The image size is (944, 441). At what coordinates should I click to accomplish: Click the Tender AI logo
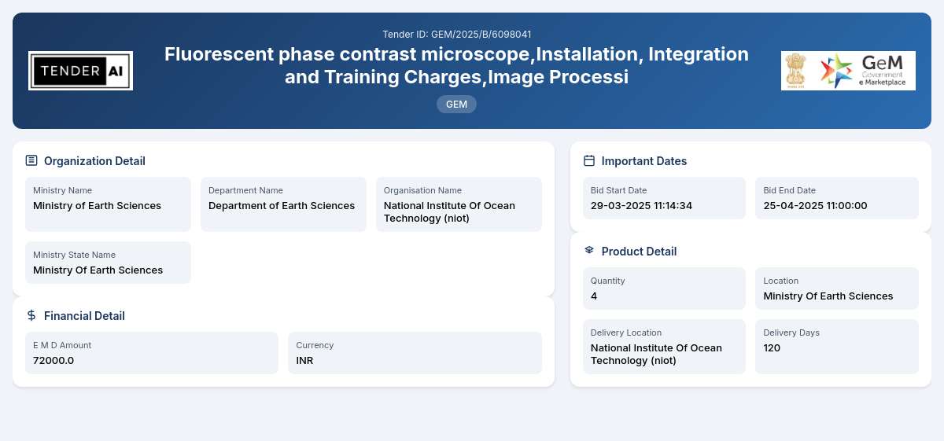pos(80,71)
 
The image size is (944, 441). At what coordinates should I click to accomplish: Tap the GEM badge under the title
pos(456,104)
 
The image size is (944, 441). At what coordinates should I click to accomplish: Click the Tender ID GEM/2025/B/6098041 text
pos(457,34)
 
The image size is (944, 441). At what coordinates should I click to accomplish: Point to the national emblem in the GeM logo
pos(795,70)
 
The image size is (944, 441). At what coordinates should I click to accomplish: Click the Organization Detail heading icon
pos(31,160)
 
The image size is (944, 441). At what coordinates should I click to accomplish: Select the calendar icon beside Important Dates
pos(589,160)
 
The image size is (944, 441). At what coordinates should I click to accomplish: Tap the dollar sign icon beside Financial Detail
pos(31,315)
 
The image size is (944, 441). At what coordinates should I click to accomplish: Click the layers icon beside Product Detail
pos(589,250)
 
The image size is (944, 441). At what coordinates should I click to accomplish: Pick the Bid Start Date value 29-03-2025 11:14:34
pos(641,205)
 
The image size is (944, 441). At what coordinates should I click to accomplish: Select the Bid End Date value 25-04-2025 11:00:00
pos(815,205)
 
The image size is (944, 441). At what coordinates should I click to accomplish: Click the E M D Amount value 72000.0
pos(53,361)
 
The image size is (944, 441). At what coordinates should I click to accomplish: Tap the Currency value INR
pos(304,361)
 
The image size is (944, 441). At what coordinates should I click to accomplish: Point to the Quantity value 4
pos(594,296)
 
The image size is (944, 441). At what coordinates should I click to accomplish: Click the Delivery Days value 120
pos(772,348)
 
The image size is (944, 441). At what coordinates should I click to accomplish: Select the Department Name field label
pos(245,190)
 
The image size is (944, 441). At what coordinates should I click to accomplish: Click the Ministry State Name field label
pos(74,255)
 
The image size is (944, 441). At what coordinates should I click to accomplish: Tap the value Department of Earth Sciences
pos(282,205)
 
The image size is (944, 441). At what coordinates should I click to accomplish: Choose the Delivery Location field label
pos(626,333)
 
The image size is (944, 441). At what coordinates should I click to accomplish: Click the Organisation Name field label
pos(422,190)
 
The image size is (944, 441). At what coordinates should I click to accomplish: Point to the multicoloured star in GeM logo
pos(835,70)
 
